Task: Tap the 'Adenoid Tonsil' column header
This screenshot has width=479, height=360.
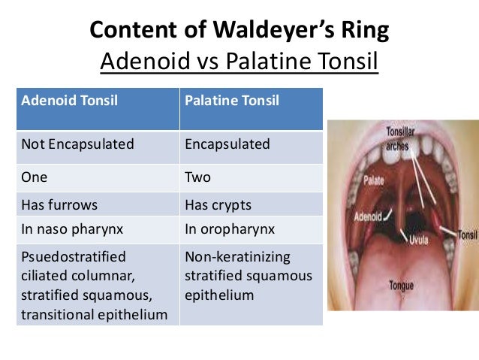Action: click(x=65, y=100)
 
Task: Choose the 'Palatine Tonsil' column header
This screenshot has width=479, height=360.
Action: click(x=231, y=100)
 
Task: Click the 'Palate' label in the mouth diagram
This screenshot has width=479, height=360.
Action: click(x=374, y=181)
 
